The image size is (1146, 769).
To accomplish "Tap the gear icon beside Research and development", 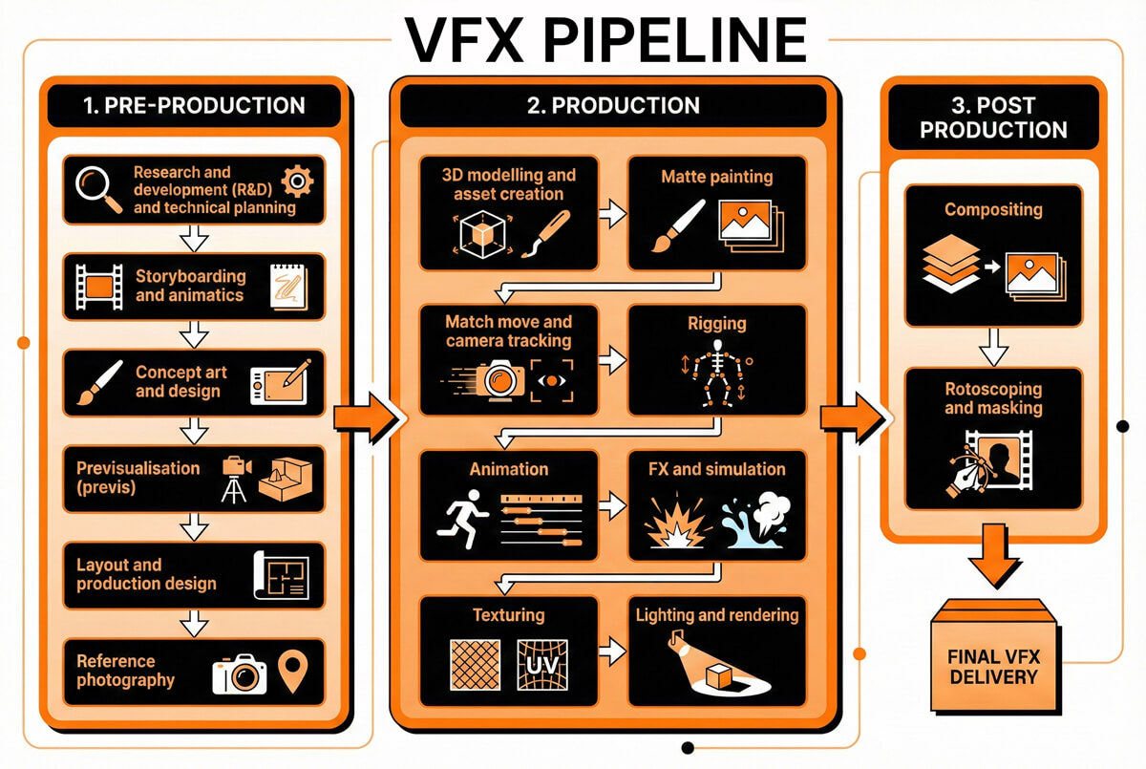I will coord(299,180).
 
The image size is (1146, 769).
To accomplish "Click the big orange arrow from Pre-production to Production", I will coord(364,417).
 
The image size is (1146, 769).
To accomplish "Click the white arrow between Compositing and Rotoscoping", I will coord(993,346).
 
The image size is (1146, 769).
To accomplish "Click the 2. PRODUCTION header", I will coord(613,105).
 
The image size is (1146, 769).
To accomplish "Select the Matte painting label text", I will coord(716,177).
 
